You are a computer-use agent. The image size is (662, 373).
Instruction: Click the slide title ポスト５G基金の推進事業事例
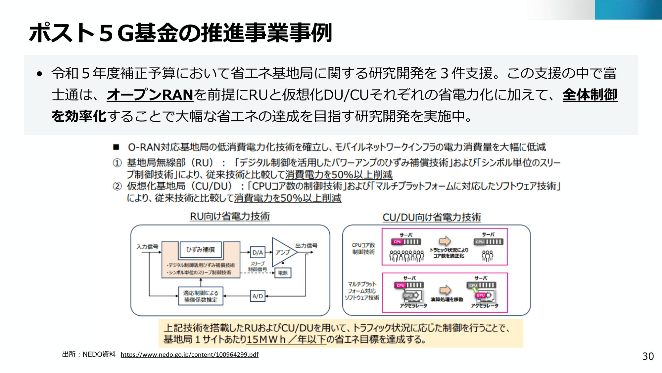(x=180, y=33)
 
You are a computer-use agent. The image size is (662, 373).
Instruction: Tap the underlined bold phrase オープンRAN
(x=150, y=95)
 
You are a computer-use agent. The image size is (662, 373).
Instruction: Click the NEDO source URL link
(x=189, y=354)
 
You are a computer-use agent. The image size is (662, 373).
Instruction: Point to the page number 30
(x=648, y=356)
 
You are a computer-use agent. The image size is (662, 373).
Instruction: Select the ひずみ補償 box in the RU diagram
(x=200, y=250)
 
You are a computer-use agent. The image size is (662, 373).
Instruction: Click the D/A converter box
(x=258, y=252)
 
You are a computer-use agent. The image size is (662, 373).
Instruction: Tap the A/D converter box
(x=258, y=296)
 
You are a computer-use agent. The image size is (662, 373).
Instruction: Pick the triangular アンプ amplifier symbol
(x=282, y=252)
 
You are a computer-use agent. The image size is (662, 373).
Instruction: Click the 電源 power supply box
(x=283, y=273)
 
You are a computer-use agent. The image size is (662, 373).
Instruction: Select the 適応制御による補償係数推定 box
(x=201, y=296)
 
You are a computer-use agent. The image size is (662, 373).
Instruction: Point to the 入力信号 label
(x=147, y=247)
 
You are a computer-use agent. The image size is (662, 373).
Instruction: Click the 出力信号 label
(x=306, y=246)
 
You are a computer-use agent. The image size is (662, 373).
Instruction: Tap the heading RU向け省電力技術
(x=230, y=216)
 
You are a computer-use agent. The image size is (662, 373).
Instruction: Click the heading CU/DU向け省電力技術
(x=432, y=217)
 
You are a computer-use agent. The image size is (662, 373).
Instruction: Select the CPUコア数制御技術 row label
(x=363, y=249)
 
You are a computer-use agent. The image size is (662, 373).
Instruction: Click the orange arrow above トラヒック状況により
(x=445, y=241)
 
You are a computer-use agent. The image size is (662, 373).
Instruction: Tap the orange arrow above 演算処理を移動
(x=446, y=290)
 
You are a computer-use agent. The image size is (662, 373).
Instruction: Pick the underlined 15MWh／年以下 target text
(x=286, y=339)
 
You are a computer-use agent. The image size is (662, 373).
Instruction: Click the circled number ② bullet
(x=117, y=186)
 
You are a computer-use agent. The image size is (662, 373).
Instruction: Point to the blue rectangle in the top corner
(x=628, y=10)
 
